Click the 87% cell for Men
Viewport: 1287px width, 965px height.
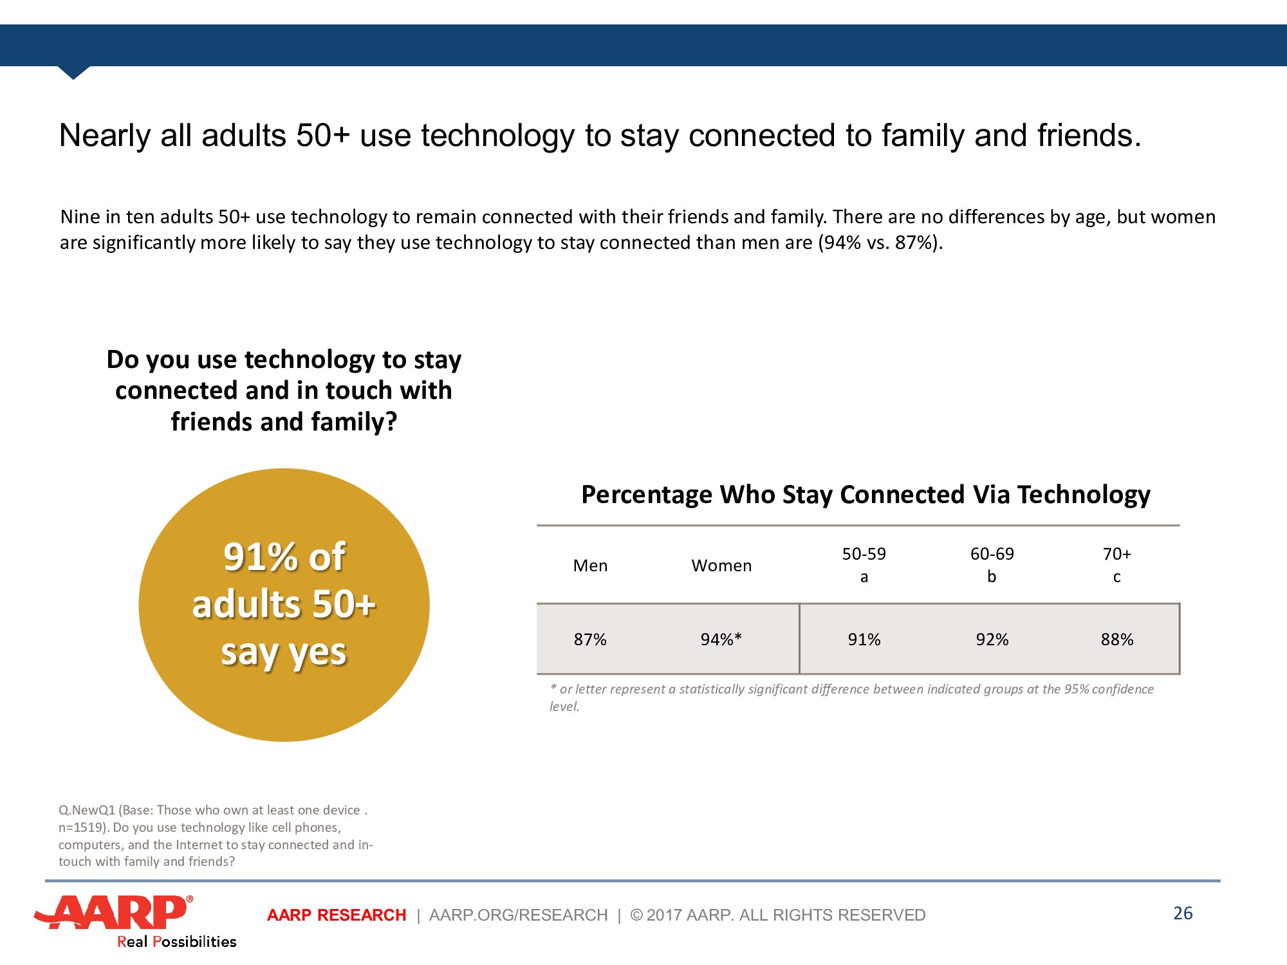(590, 639)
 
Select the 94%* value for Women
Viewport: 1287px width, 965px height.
(721, 639)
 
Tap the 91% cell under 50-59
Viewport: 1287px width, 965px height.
(864, 639)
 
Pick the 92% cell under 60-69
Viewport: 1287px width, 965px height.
(992, 639)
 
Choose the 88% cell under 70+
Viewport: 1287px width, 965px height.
(1117, 639)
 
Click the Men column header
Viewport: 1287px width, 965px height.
(590, 565)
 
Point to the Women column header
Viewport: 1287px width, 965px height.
(721, 565)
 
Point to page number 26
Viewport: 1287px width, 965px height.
(1183, 914)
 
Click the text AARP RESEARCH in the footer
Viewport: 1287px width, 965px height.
(337, 915)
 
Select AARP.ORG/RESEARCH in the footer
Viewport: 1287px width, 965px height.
(519, 915)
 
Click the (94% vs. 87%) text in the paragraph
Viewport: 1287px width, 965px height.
(880, 243)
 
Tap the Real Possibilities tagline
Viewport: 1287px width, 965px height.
(176, 942)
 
